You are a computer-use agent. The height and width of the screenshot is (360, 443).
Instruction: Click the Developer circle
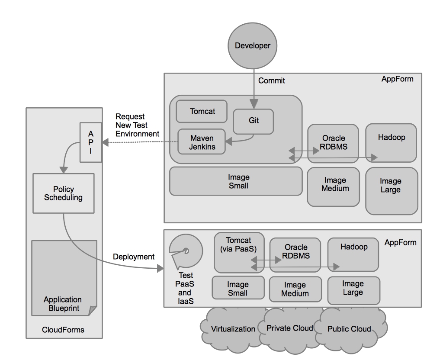(253, 46)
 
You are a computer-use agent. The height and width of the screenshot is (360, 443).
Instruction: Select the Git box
(254, 121)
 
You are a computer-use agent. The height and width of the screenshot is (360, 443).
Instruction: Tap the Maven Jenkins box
(202, 141)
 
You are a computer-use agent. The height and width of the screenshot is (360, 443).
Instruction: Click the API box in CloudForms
(91, 142)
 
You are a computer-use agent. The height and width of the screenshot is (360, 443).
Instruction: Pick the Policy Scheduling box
(64, 193)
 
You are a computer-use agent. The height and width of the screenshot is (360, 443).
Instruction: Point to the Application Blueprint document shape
(64, 277)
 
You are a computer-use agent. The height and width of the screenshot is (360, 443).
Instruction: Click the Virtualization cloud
(233, 328)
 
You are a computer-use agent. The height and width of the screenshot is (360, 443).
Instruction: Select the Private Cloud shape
(289, 328)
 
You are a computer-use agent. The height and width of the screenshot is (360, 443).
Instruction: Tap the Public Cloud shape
(349, 329)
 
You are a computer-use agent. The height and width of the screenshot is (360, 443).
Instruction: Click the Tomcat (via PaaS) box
(239, 253)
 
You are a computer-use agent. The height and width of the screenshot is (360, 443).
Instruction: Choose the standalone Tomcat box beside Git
(202, 112)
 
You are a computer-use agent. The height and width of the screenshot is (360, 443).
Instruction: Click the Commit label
(272, 81)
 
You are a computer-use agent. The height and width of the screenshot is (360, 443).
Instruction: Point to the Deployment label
(134, 257)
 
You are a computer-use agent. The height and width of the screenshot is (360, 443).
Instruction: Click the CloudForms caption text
(63, 330)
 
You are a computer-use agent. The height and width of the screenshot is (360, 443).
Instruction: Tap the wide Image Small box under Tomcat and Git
(235, 181)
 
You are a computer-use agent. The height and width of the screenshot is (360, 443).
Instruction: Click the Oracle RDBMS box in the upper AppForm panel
(333, 143)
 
